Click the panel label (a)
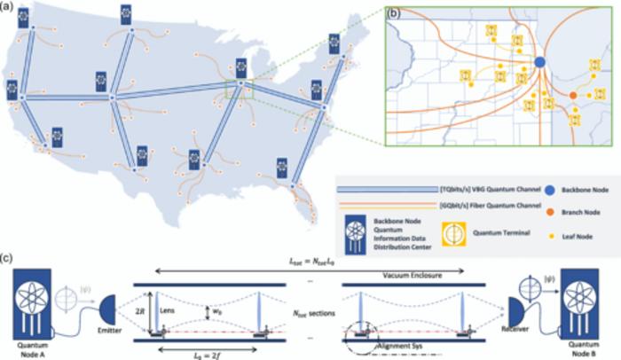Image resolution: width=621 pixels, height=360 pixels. click(7, 7)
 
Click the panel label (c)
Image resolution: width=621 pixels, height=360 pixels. click(7, 260)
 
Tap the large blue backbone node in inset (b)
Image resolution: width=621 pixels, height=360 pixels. click(539, 61)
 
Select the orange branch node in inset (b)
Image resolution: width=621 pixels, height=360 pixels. click(573, 95)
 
